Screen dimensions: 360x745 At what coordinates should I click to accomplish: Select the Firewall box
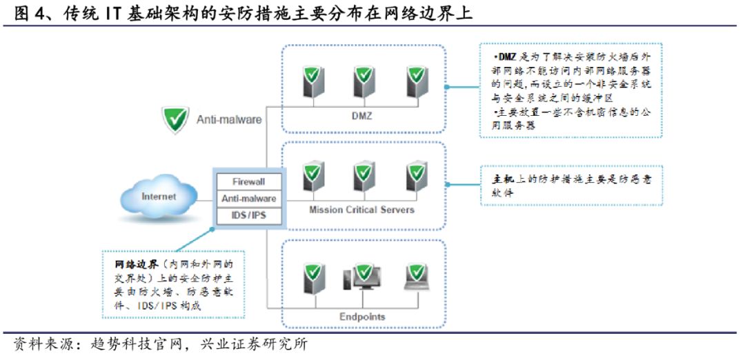coord(248,182)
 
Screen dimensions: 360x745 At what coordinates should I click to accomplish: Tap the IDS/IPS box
coord(248,216)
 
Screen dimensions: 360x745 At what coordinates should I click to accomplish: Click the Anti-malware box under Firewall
coord(248,199)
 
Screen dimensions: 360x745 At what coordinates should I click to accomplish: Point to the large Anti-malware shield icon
coord(175,119)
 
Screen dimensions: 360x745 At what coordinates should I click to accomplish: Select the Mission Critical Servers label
coord(361,209)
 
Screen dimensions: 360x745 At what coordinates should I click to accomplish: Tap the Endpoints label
coord(361,317)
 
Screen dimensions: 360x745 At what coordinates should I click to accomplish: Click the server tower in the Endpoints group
coord(314,277)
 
